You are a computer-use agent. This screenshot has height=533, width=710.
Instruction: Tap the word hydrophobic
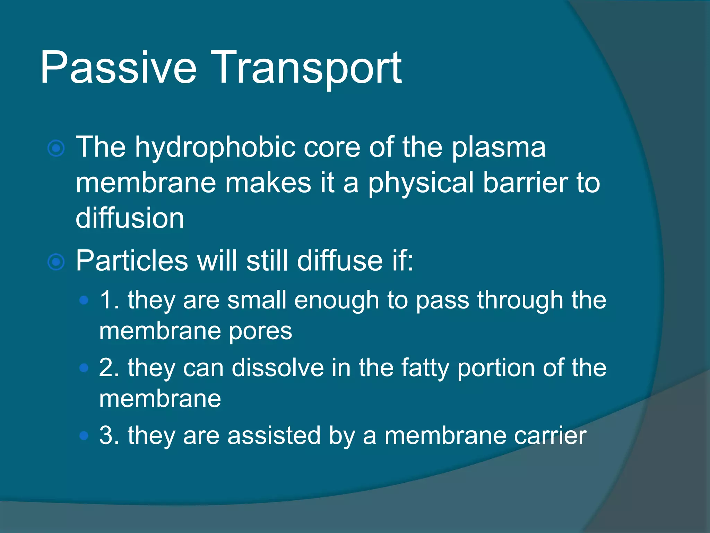point(215,147)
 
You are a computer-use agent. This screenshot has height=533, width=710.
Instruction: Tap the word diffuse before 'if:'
point(339,261)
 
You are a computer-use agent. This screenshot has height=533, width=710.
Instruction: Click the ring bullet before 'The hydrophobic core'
point(56,149)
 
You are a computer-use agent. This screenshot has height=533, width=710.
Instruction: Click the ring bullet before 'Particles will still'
point(56,262)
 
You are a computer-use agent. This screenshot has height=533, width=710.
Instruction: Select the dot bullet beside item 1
point(84,300)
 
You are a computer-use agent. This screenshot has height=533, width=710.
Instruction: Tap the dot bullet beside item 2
point(84,368)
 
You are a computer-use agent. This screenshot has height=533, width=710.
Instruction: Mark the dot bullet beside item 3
point(84,435)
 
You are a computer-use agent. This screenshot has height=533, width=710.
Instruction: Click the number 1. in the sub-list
point(109,300)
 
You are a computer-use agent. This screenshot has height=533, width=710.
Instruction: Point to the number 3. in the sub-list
point(109,435)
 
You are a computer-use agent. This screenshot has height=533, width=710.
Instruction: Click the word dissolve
point(277,368)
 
